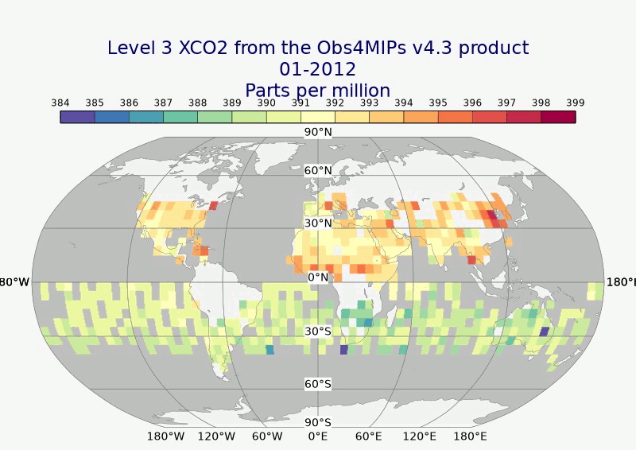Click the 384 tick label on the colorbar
tap(60, 103)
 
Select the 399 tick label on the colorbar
tap(576, 103)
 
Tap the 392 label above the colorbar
tap(335, 103)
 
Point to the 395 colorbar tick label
tap(438, 103)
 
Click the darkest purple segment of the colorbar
tap(77, 117)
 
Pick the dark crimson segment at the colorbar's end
tap(558, 117)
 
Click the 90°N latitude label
tap(318, 132)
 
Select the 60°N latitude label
tap(318, 170)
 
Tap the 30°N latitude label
tap(318, 223)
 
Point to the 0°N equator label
tap(318, 277)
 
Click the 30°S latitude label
tap(318, 331)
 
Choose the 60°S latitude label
tap(318, 384)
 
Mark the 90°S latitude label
tap(318, 422)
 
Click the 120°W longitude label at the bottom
tap(216, 436)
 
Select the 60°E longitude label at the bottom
tap(369, 436)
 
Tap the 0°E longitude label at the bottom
tap(318, 436)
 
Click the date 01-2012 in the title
tap(318, 69)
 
